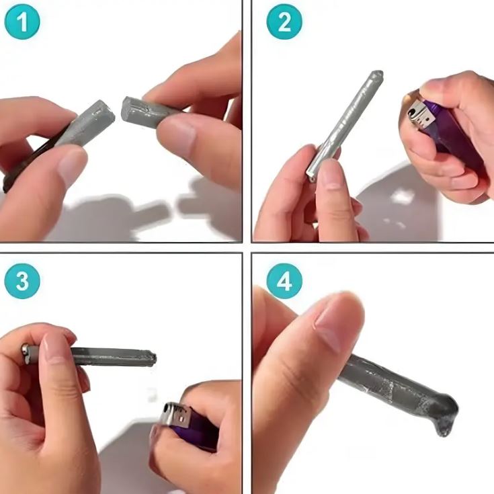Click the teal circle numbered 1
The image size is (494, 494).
pyautogui.click(x=22, y=22)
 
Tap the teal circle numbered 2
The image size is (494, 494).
pyautogui.click(x=284, y=22)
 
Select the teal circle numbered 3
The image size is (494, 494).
pyautogui.click(x=22, y=281)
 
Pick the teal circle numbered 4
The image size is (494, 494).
pyautogui.click(x=284, y=281)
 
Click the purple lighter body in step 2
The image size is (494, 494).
pyautogui.click(x=454, y=138)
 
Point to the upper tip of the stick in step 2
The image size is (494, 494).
pyautogui.click(x=378, y=75)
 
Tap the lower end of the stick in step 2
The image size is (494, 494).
pyautogui.click(x=311, y=177)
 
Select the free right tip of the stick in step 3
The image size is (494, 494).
pyautogui.click(x=153, y=358)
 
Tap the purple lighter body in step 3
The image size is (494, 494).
pyautogui.click(x=196, y=431)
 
